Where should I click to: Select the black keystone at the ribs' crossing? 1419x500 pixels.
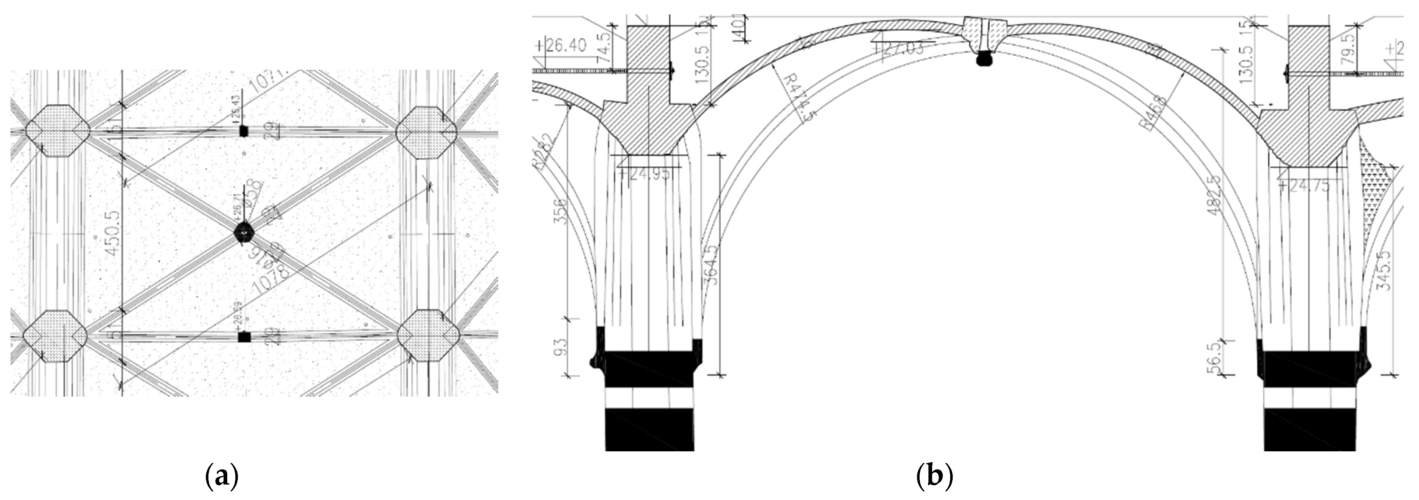click(244, 233)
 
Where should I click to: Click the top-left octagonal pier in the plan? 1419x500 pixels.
click(57, 131)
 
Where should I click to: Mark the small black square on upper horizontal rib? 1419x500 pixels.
click(243, 131)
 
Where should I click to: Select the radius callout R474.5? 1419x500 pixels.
click(793, 102)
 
